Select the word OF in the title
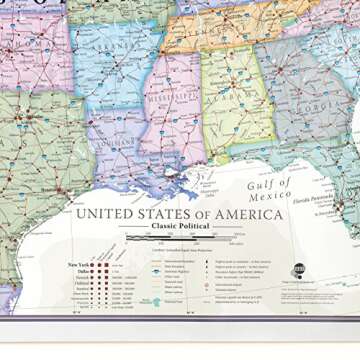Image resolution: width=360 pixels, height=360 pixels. click(x=205, y=212)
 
